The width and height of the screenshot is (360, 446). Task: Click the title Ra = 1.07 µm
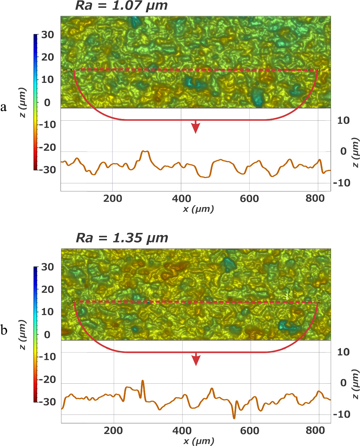pyautogui.click(x=121, y=6)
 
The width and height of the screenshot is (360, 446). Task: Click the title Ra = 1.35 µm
pyautogui.click(x=122, y=238)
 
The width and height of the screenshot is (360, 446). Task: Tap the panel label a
pyautogui.click(x=4, y=107)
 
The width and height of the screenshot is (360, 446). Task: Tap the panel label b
pyautogui.click(x=4, y=331)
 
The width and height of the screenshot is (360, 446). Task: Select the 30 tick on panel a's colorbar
pyautogui.click(x=47, y=35)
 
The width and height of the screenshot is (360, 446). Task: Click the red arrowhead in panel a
pyautogui.click(x=195, y=128)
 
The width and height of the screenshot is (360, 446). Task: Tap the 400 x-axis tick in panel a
pyautogui.click(x=181, y=199)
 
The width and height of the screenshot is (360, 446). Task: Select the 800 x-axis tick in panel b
pyautogui.click(x=315, y=431)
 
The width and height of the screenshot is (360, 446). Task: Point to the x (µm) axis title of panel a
pyautogui.click(x=198, y=209)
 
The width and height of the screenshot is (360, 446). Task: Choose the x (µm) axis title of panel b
pyautogui.click(x=199, y=441)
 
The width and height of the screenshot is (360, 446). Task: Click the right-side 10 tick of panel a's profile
pyautogui.click(x=343, y=120)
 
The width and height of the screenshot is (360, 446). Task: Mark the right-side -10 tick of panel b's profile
pyautogui.click(x=342, y=414)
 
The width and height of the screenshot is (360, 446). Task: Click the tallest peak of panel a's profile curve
pyautogui.click(x=145, y=151)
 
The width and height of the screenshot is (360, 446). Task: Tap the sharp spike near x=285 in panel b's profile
pyautogui.click(x=143, y=381)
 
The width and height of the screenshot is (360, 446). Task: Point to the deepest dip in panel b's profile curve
pyautogui.click(x=234, y=418)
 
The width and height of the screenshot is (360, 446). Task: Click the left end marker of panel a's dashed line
pyautogui.click(x=73, y=70)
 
